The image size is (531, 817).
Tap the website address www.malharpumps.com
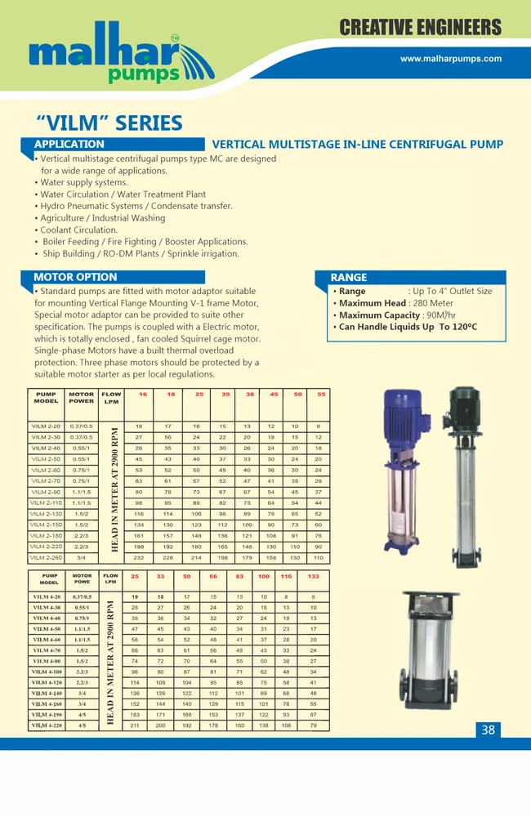(451, 59)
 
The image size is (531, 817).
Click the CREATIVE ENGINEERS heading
(420, 27)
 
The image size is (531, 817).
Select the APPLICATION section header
(69, 145)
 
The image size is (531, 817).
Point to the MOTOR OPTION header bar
(75, 277)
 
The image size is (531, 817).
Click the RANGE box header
(349, 278)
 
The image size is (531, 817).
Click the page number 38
(488, 730)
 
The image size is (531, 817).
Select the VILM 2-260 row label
(47, 557)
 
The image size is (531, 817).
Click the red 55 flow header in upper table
(320, 395)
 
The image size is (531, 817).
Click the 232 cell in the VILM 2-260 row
(139, 557)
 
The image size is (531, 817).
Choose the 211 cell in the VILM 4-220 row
(135, 725)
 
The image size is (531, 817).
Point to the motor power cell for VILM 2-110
(81, 502)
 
